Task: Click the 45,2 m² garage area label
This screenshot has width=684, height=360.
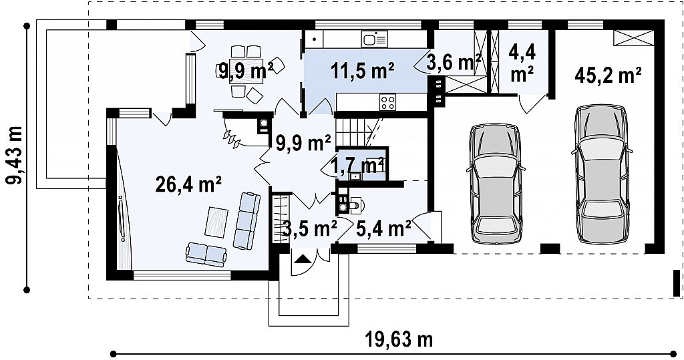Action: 608,75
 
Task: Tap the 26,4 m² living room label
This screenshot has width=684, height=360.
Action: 188,184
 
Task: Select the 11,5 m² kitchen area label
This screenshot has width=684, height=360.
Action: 363,71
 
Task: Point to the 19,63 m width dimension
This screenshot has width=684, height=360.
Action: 399,339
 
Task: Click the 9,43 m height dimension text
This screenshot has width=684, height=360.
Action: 16,156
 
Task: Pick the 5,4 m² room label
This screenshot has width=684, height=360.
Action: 383,228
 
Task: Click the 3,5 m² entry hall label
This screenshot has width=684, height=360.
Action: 310,228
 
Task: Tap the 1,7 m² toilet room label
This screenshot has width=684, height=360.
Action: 359,166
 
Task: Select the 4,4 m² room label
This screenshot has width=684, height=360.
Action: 522,63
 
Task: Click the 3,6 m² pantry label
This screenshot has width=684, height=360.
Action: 454,62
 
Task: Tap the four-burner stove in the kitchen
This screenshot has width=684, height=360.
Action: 388,103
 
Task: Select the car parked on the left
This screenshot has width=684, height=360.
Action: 495,184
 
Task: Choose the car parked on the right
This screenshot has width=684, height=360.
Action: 603,174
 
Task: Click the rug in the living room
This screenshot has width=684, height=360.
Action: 217,222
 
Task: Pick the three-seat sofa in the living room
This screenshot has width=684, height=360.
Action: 247,220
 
